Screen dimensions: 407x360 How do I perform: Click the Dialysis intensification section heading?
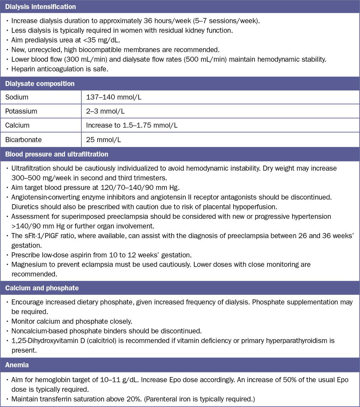tap(40, 7)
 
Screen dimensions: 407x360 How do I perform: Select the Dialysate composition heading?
tap(40, 83)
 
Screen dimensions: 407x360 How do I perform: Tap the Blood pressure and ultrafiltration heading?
tap(57, 154)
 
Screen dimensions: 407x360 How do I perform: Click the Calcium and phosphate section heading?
tap(42, 288)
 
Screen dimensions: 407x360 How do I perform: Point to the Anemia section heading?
tap(16, 365)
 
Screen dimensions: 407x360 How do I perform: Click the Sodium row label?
tap(17, 97)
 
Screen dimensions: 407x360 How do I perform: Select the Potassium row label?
tap(21, 111)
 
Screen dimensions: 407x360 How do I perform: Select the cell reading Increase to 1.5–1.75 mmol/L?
tap(132, 125)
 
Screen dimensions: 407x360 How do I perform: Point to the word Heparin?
tap(23, 69)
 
